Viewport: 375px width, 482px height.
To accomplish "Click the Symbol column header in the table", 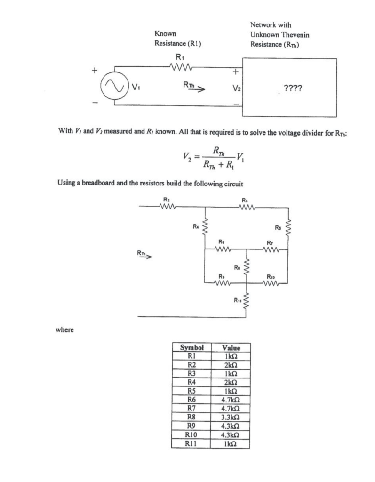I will tap(191, 348).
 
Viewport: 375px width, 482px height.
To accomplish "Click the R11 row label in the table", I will tap(191, 442).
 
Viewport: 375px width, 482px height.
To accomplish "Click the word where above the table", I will tap(65, 329).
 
